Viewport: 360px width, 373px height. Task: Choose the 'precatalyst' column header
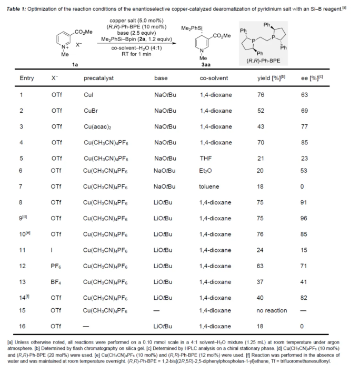(99, 78)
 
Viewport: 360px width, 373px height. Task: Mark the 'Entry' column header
(27, 78)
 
